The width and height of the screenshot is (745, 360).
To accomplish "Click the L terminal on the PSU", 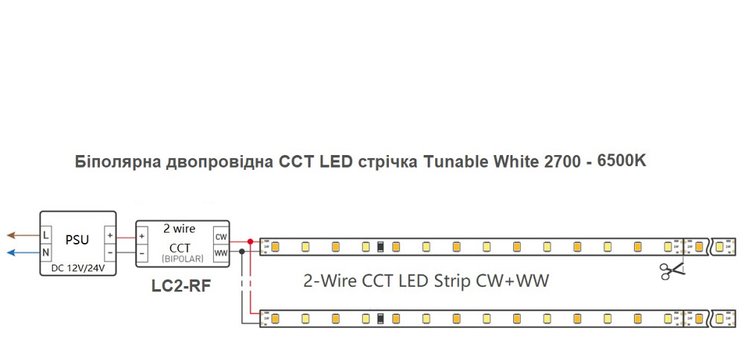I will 46,235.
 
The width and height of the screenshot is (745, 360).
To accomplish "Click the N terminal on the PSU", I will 46,253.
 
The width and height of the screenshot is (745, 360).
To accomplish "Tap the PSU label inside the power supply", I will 77,240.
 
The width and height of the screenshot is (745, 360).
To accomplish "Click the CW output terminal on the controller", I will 221,236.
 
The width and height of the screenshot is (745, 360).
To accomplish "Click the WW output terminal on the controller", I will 221,253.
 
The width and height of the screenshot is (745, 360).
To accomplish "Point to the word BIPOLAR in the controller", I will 180,258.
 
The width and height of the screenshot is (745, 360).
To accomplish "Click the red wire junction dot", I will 250,241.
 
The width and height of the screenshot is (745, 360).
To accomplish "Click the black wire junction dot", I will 241,253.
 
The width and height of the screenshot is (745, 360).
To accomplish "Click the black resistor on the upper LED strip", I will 380,246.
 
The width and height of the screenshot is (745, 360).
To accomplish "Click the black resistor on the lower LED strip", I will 380,319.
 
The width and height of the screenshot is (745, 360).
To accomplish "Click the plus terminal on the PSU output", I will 110,235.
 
